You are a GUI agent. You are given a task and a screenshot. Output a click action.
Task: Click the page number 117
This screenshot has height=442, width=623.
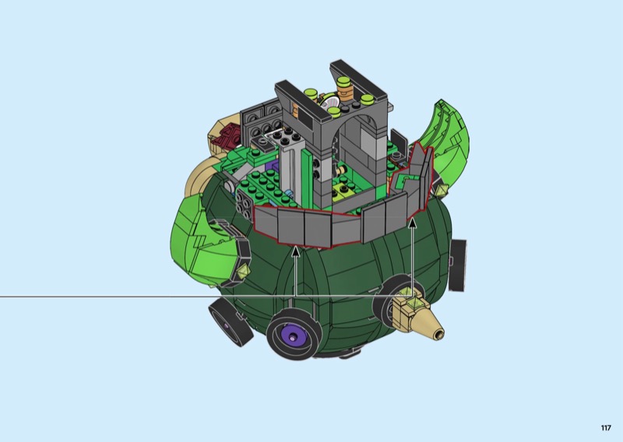click(606, 428)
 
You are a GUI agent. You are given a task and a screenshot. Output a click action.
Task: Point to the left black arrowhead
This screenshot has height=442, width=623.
click(295, 251)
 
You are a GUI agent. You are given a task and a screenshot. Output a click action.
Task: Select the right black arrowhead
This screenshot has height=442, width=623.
click(413, 223)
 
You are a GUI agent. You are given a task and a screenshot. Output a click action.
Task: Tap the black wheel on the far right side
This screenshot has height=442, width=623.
click(458, 265)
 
